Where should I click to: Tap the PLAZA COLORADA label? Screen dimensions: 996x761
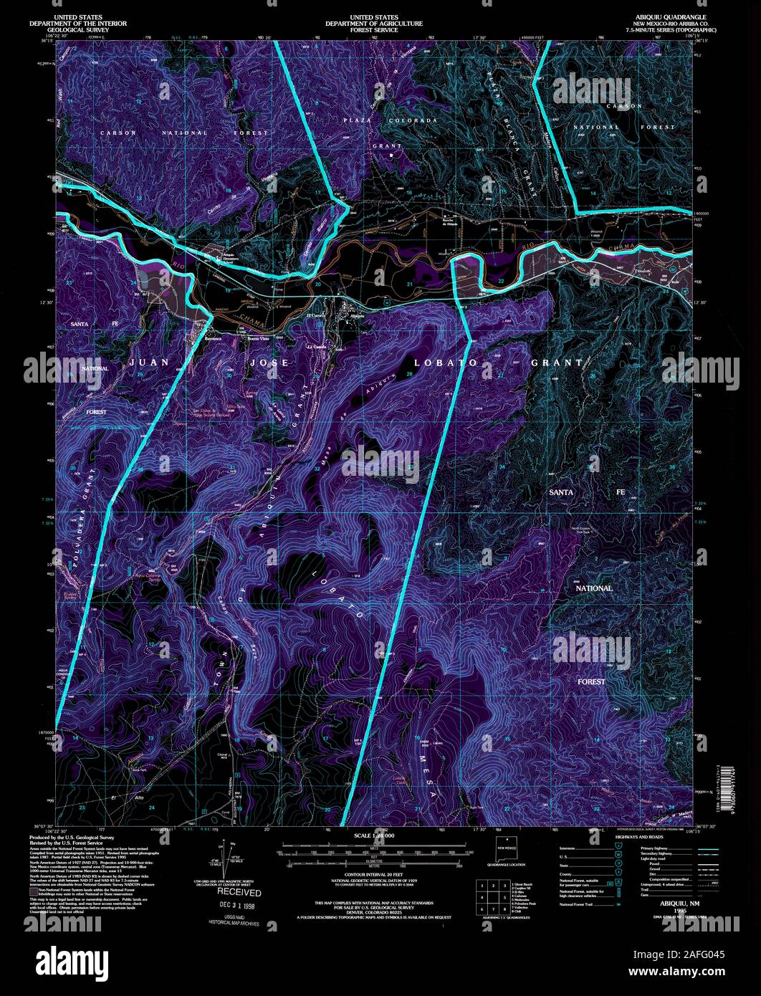390,120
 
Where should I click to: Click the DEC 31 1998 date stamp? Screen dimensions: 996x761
239,906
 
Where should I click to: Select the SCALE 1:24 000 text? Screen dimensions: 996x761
374,835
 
